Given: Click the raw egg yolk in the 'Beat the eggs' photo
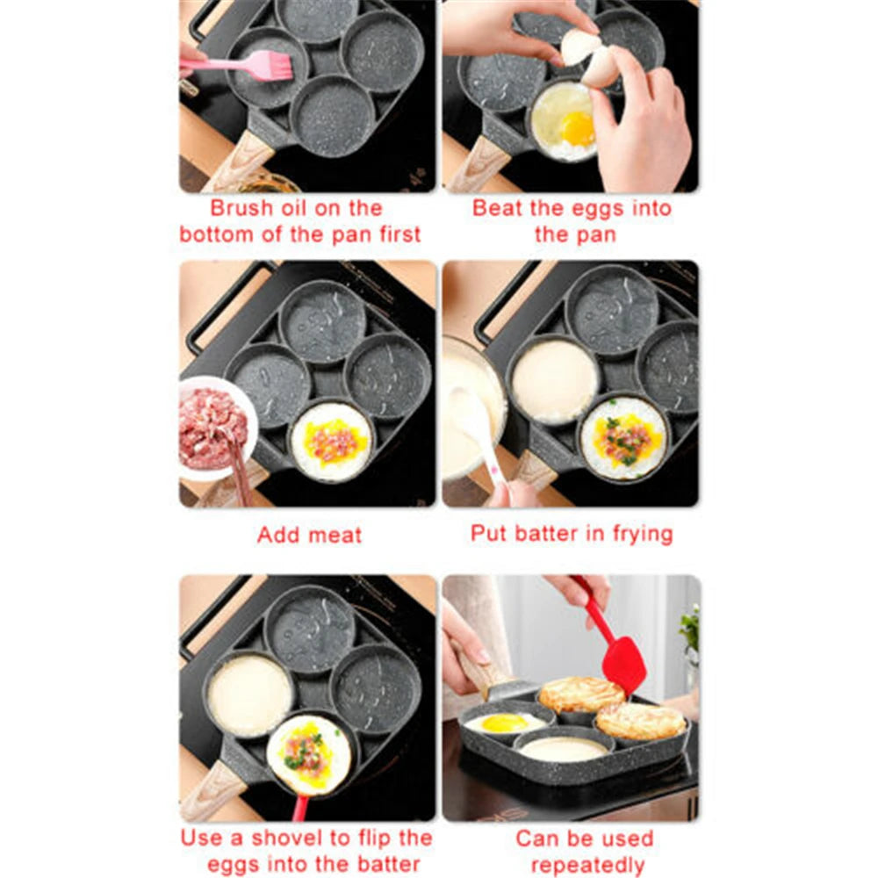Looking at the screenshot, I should tap(578, 128).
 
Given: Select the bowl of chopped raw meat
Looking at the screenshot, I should tap(212, 427).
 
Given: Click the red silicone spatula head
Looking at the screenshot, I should tap(624, 662).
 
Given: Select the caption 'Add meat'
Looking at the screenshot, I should tap(309, 535).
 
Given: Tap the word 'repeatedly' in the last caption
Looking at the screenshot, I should tap(587, 865).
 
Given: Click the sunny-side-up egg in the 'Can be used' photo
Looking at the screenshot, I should tap(504, 722).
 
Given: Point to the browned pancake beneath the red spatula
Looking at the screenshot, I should tap(580, 694).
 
